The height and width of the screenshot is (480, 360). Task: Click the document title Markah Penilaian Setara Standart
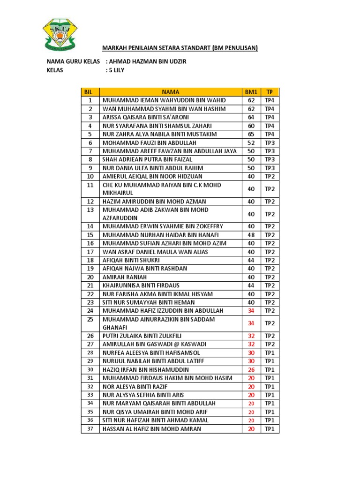pos(180,47)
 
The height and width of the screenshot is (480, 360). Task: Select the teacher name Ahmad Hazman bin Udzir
pos(149,61)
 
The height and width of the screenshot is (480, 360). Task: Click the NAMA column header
pos(170,92)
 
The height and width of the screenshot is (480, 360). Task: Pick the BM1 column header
pos(251,92)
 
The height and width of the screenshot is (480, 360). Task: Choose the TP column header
pos(270,92)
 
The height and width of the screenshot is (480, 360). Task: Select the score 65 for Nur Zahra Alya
pos(251,134)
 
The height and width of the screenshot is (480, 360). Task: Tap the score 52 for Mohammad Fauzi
pos(251,142)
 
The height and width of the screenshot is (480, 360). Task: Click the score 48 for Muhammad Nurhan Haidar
pos(251,235)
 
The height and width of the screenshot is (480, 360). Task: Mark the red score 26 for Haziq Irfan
pos(251,369)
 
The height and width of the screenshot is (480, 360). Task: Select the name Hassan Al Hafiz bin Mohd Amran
pos(152,428)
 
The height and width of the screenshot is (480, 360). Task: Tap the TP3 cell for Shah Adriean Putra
pos(270,159)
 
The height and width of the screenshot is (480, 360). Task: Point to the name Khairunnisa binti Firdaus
pos(141,285)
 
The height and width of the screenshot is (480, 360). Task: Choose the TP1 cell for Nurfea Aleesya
pos(270,352)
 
